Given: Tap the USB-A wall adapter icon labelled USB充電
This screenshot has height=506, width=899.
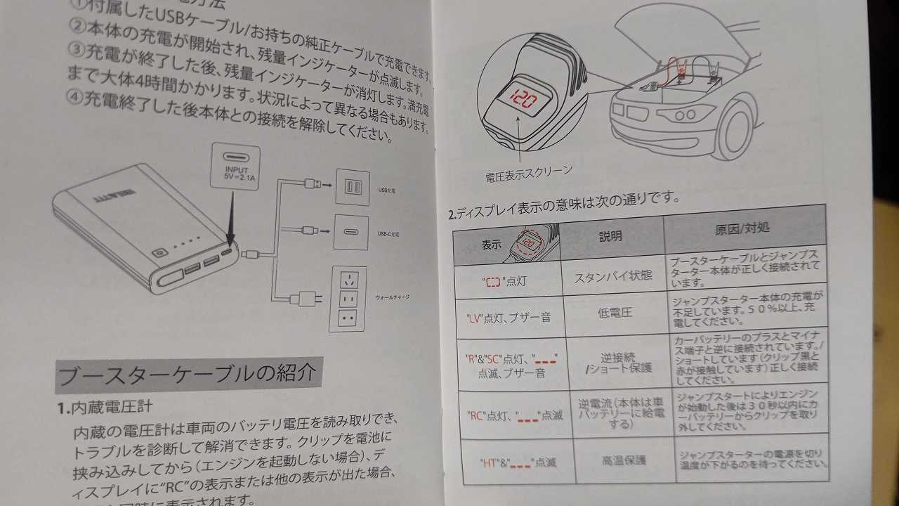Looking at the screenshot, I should tap(352, 188).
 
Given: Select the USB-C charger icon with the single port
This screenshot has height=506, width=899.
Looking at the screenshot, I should tap(351, 232).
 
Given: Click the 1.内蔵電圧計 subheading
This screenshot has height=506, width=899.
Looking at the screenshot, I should tap(106, 407).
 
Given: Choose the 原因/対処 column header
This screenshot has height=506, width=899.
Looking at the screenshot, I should tap(742, 231).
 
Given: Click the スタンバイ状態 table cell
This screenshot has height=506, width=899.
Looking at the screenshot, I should tap(613, 276).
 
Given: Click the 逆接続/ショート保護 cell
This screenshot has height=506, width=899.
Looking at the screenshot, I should tap(618, 362).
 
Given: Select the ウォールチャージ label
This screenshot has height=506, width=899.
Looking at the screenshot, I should tap(393, 297).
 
